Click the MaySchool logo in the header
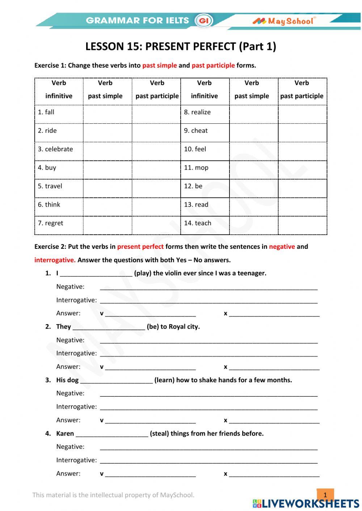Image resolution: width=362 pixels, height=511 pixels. tap(284, 21)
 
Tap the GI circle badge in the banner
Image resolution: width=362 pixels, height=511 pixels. tap(204, 21)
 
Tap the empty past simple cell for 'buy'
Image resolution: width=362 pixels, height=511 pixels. tap(108, 170)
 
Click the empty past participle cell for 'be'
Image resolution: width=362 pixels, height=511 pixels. tap(302, 188)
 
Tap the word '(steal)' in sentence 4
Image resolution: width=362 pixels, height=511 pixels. tap(159, 433)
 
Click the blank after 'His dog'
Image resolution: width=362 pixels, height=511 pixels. tap(116, 380)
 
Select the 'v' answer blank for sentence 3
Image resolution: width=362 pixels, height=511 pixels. tap(150, 421)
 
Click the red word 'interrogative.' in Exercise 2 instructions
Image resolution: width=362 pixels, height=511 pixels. tap(55, 260)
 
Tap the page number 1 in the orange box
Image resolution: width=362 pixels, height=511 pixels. tap(325, 495)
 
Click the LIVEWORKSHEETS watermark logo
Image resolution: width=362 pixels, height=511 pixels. tap(306, 503)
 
